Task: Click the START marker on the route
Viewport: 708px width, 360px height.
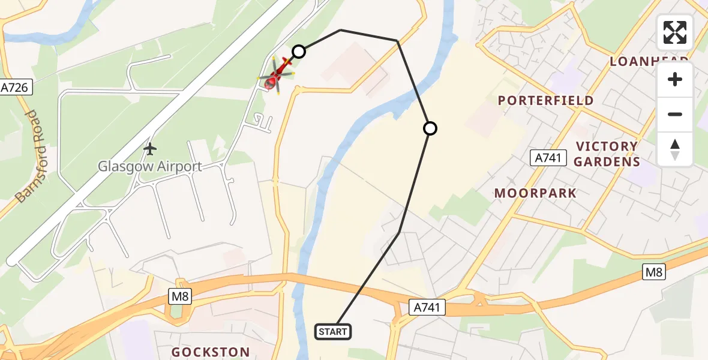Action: (333, 331)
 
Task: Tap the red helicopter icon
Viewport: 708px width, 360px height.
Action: (276, 77)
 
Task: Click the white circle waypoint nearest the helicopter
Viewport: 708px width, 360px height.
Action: (299, 52)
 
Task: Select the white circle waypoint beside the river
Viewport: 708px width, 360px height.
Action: (430, 128)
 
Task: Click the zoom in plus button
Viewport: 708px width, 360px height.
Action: (675, 80)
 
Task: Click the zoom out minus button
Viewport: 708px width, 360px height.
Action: (675, 114)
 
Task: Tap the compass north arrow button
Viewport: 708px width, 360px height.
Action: (675, 149)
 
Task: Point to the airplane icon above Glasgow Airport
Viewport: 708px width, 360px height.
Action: (150, 148)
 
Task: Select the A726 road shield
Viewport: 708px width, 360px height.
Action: (16, 88)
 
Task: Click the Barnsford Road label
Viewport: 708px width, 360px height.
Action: (26, 157)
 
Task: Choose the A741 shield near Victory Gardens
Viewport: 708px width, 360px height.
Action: (548, 158)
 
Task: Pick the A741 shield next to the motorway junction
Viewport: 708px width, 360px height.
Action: (428, 308)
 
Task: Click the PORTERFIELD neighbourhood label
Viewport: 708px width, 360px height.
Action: (545, 101)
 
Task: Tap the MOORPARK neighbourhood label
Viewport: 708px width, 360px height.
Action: (535, 193)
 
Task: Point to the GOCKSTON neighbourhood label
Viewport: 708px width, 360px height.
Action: (211, 352)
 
